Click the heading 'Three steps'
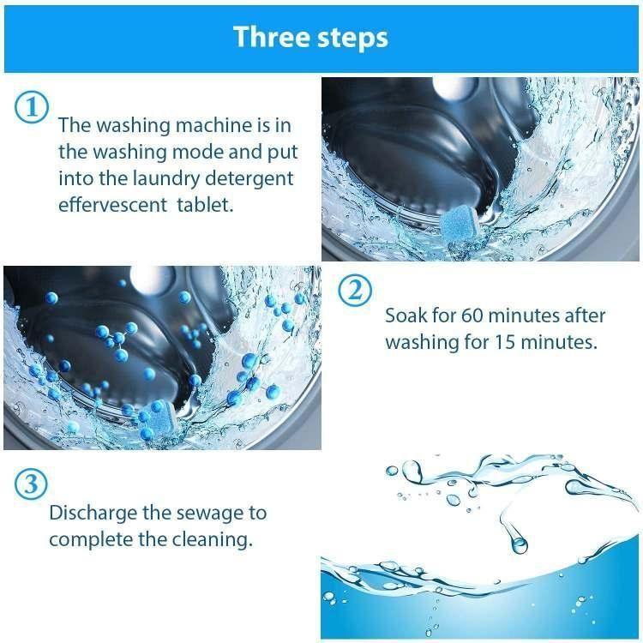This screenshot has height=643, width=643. tap(310, 38)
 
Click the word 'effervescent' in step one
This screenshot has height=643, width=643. tap(109, 206)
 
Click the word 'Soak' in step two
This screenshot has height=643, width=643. tap(405, 315)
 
